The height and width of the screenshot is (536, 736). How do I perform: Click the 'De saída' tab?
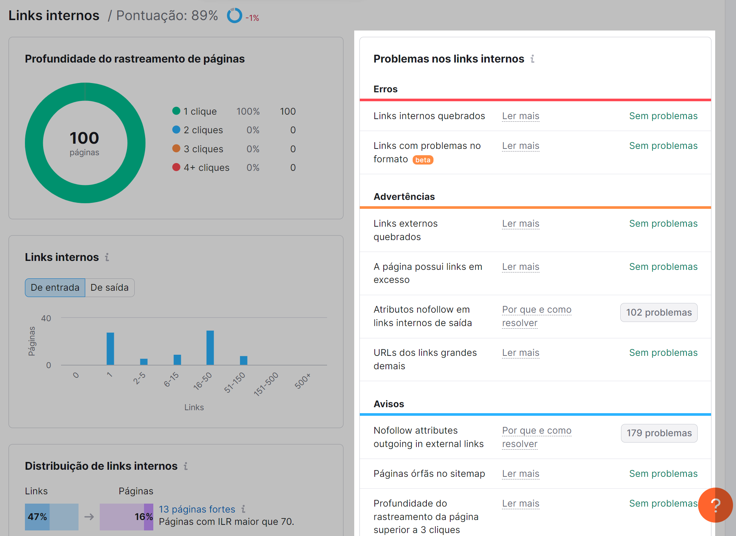click(x=109, y=288)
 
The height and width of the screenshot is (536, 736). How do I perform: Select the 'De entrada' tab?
click(x=55, y=288)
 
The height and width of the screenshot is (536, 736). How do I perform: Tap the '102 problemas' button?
click(x=659, y=313)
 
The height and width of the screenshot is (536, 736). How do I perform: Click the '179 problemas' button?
click(x=659, y=433)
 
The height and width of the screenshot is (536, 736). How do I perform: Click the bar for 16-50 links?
click(x=210, y=348)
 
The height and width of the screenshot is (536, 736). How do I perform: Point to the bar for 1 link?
click(x=110, y=349)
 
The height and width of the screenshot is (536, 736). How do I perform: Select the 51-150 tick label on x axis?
click(x=234, y=382)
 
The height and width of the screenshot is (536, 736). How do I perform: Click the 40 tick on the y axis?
click(x=46, y=318)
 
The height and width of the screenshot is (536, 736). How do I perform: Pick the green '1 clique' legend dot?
click(x=176, y=111)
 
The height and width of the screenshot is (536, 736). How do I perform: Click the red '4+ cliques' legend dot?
click(x=176, y=167)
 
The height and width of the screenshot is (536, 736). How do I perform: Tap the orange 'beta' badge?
click(x=423, y=160)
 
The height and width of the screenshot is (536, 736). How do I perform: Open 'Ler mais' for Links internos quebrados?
click(x=521, y=116)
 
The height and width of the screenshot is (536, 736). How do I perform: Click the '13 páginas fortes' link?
click(x=197, y=509)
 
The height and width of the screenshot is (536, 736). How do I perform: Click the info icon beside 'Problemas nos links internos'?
click(x=532, y=59)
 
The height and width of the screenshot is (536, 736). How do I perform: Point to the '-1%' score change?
click(x=252, y=18)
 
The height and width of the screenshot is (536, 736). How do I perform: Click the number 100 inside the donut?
click(x=84, y=138)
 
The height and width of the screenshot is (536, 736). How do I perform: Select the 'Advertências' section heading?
click(x=404, y=197)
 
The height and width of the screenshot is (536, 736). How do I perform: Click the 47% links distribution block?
click(x=37, y=517)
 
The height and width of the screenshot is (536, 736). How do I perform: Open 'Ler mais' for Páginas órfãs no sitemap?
click(x=521, y=474)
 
